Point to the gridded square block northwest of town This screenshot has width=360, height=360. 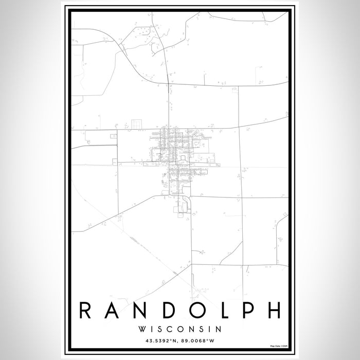click(x=136, y=123)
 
